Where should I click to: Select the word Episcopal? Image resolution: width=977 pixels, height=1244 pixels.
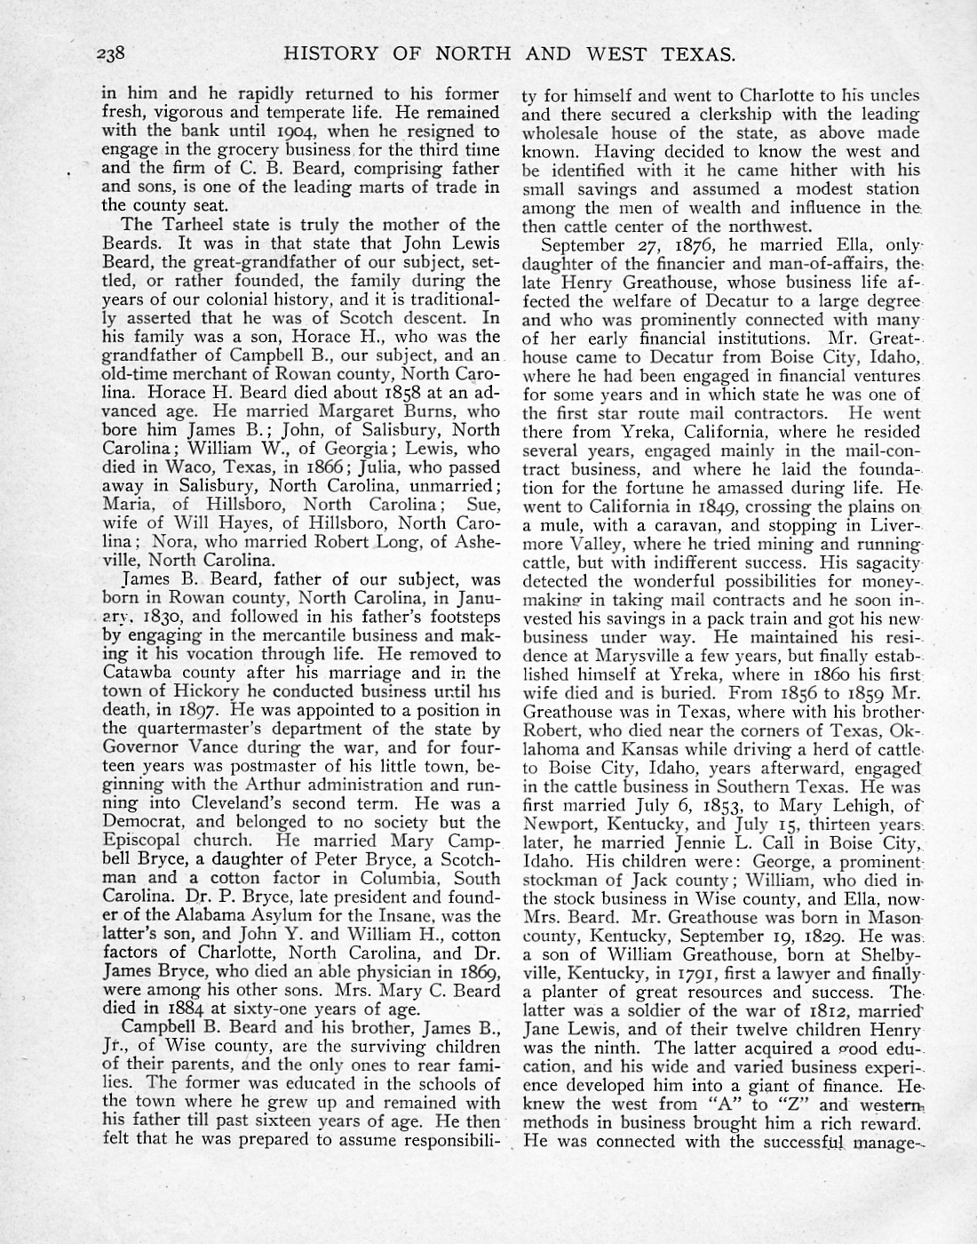[x=142, y=841]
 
